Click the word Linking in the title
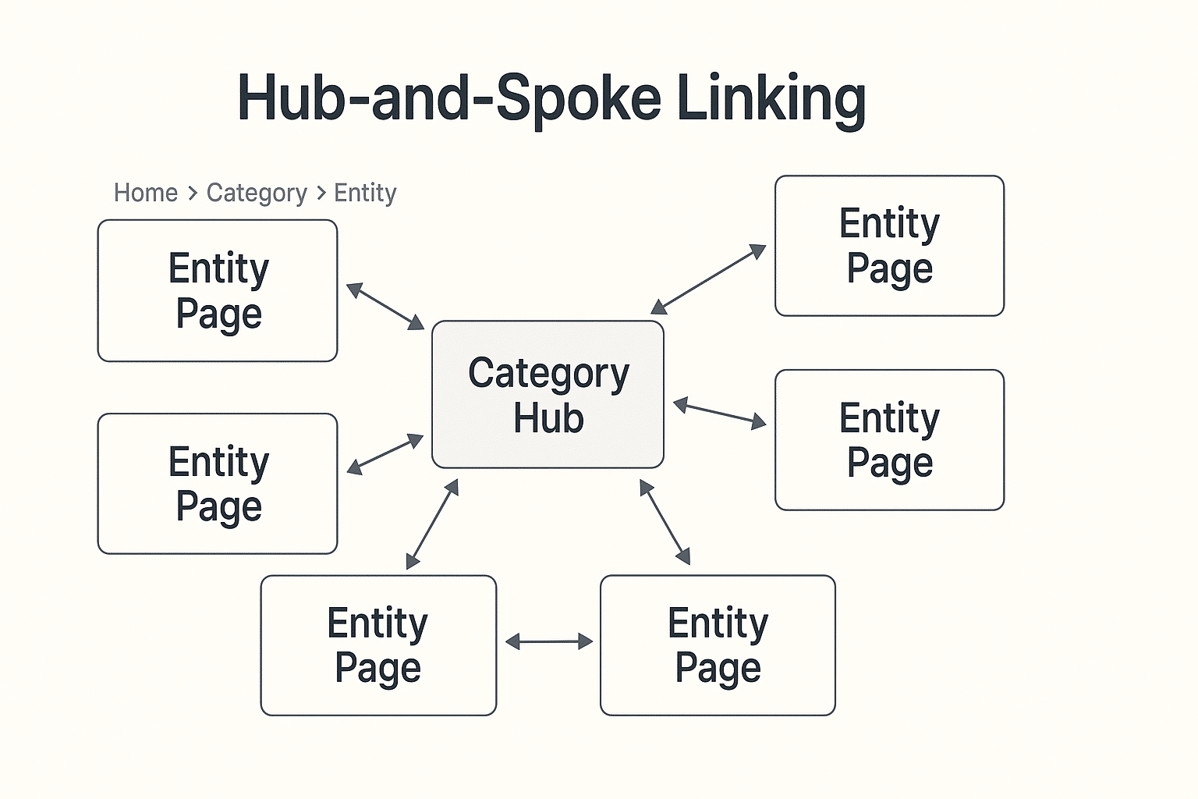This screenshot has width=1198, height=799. [771, 98]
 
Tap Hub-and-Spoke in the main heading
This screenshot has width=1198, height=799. [448, 98]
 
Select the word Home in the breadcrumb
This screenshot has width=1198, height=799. [146, 193]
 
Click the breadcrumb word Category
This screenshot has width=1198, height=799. [257, 193]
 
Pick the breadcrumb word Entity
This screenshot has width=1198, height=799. [365, 193]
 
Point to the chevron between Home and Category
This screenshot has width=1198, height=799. [193, 194]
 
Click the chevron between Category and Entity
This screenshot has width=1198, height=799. [321, 194]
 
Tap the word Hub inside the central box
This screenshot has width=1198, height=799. [548, 418]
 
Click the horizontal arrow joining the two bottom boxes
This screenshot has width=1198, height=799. [548, 642]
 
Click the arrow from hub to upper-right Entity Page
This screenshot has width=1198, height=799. [708, 279]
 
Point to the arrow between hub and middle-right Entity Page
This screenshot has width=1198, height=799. [719, 414]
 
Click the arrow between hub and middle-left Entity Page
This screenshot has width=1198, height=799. [385, 454]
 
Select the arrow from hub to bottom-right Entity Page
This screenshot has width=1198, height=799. [665, 522]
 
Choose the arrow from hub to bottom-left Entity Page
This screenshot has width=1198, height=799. [432, 524]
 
